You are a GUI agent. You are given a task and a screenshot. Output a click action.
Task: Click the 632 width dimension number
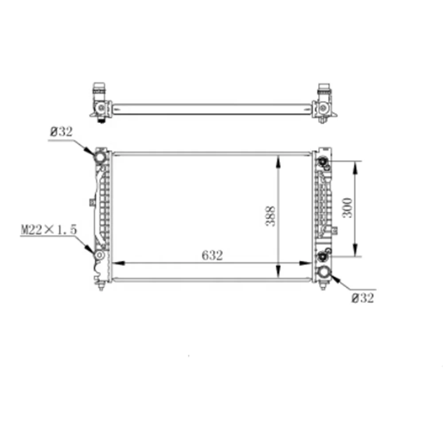(x=212, y=256)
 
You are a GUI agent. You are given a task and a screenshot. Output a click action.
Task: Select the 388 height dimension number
(x=270, y=216)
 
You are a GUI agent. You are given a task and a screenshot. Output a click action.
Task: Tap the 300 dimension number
(x=348, y=207)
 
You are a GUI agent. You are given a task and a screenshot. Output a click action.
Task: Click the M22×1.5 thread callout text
(x=49, y=229)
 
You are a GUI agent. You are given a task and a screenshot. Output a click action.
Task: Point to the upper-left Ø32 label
(x=61, y=132)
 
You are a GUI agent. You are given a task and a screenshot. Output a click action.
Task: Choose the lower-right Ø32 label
(x=363, y=298)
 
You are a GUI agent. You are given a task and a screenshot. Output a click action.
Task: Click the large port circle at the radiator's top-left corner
(x=100, y=157)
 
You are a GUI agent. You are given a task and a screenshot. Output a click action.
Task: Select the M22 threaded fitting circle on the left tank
(x=99, y=256)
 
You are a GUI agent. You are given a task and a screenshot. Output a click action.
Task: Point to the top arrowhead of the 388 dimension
(x=278, y=160)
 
